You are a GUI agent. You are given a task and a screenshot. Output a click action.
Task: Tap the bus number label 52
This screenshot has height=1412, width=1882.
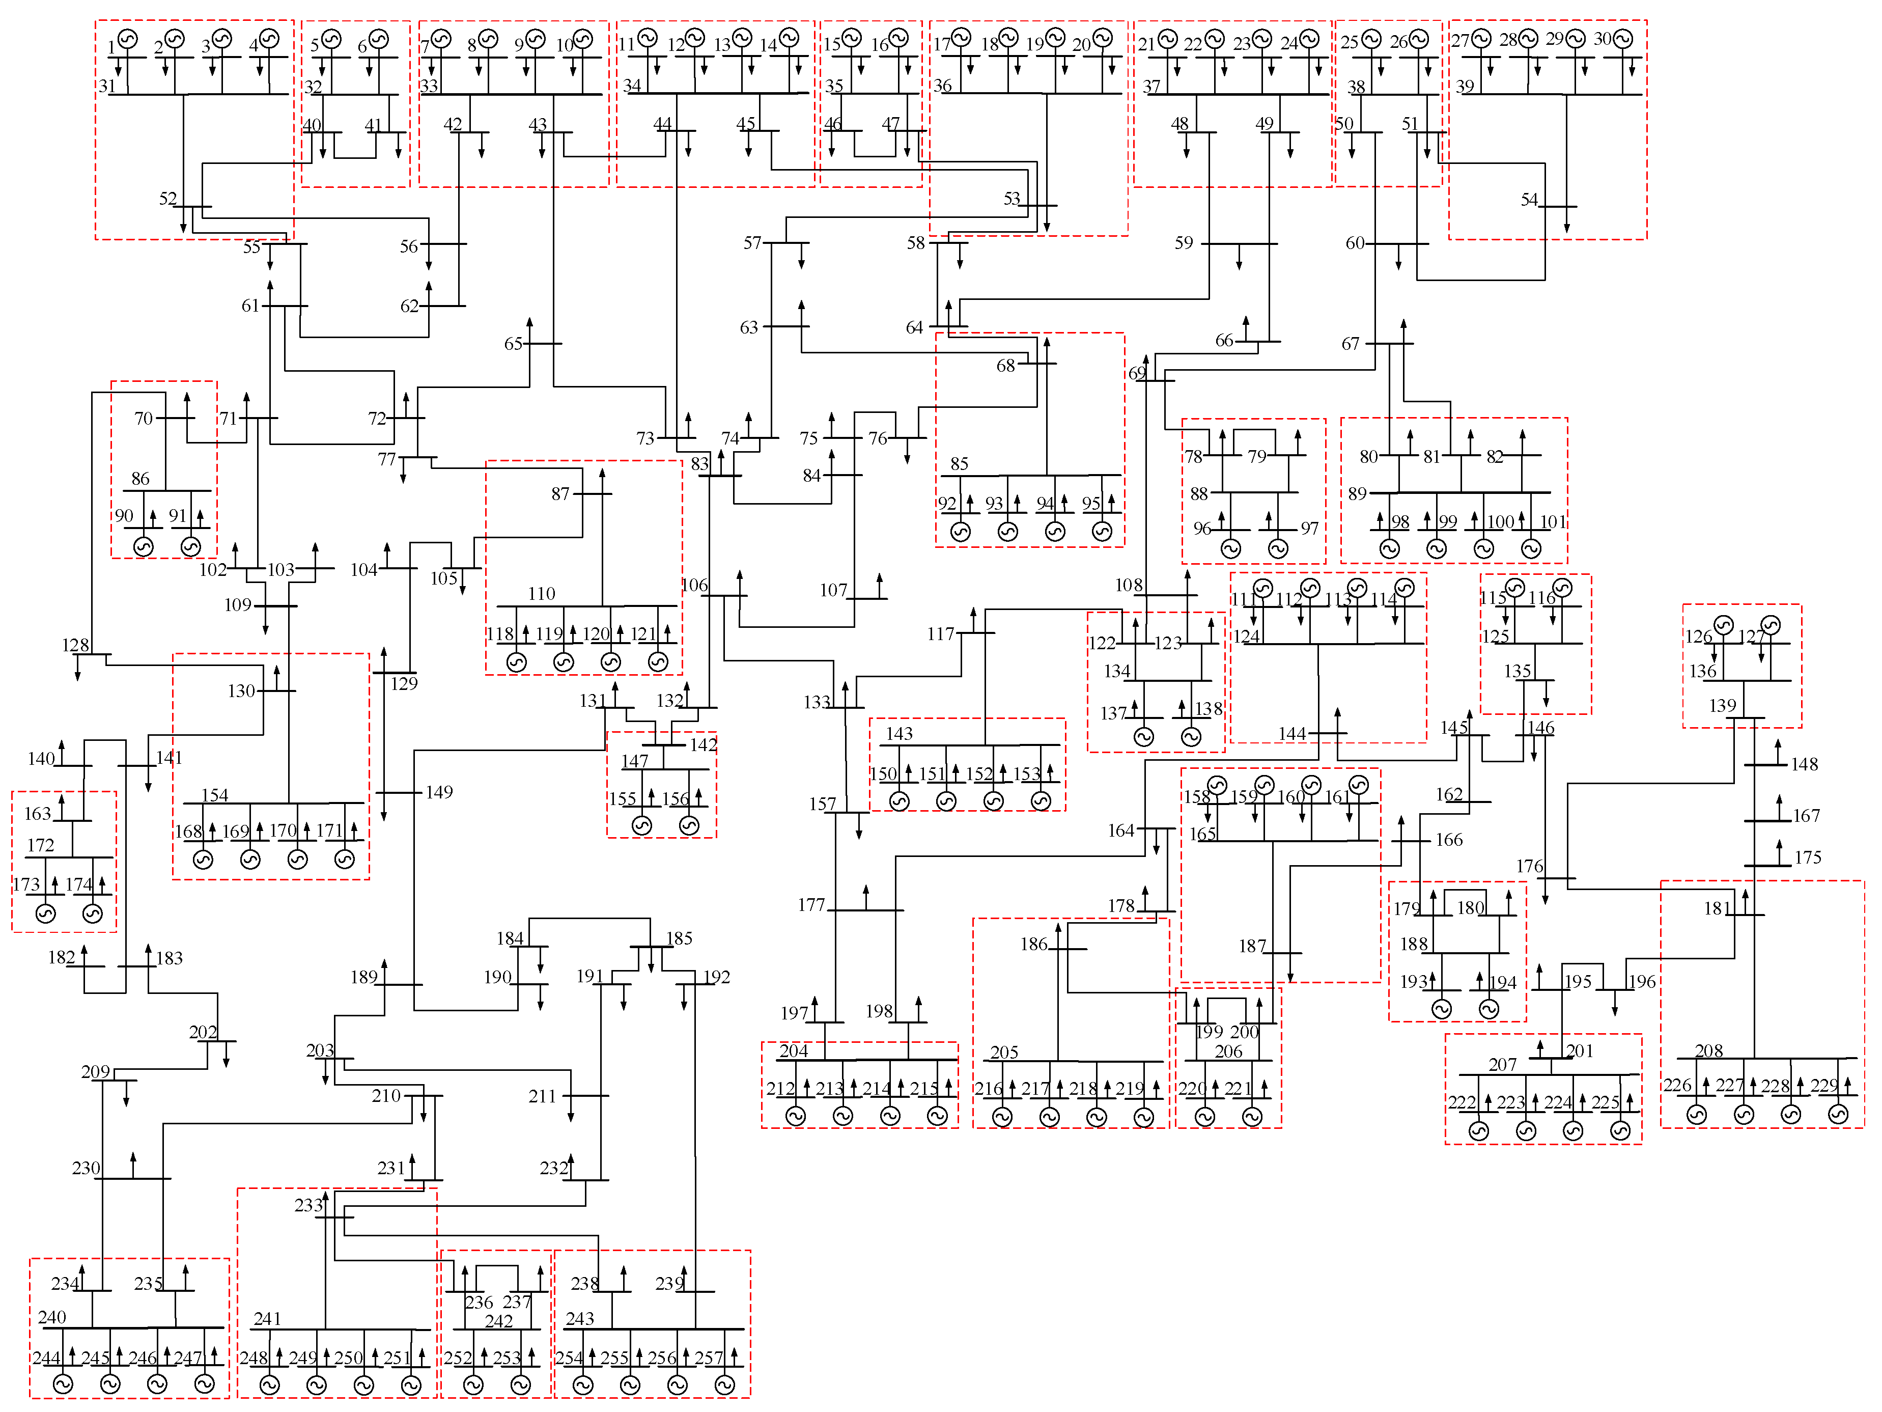[167, 198]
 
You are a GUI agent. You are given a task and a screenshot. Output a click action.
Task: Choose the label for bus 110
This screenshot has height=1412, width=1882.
[541, 593]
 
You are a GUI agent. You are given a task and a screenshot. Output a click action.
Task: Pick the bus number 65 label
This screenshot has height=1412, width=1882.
[513, 344]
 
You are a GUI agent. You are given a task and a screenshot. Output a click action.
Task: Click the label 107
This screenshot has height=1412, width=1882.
[833, 590]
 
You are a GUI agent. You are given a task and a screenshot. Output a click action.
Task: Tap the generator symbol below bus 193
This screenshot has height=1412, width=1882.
[1441, 1009]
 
